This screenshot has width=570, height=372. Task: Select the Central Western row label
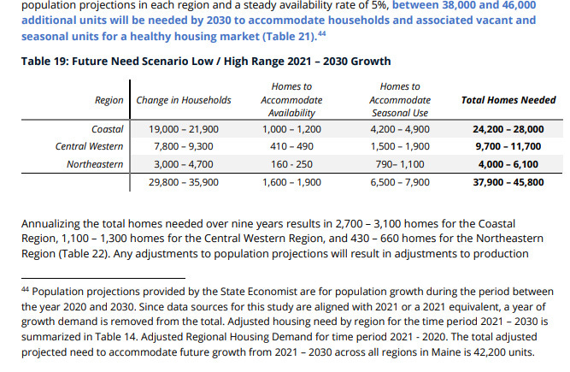90,147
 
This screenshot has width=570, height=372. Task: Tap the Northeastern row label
95,164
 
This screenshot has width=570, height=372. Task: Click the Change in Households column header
184,100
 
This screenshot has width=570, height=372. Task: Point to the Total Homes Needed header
508,100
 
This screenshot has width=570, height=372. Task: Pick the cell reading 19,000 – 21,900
184,130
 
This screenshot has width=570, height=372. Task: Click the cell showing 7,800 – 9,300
184,147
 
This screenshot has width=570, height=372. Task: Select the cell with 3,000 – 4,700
184,164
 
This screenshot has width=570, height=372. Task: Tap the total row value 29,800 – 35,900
184,182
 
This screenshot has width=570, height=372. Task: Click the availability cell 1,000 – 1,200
291,130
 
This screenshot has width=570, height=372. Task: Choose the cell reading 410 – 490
291,147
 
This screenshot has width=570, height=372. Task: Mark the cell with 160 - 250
291,164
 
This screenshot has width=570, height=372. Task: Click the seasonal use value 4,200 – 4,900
400,130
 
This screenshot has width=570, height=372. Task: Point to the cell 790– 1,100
400,164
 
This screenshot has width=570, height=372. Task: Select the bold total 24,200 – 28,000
508,130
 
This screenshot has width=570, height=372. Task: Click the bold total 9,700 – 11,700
508,147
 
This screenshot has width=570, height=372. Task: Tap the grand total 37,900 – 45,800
508,182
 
